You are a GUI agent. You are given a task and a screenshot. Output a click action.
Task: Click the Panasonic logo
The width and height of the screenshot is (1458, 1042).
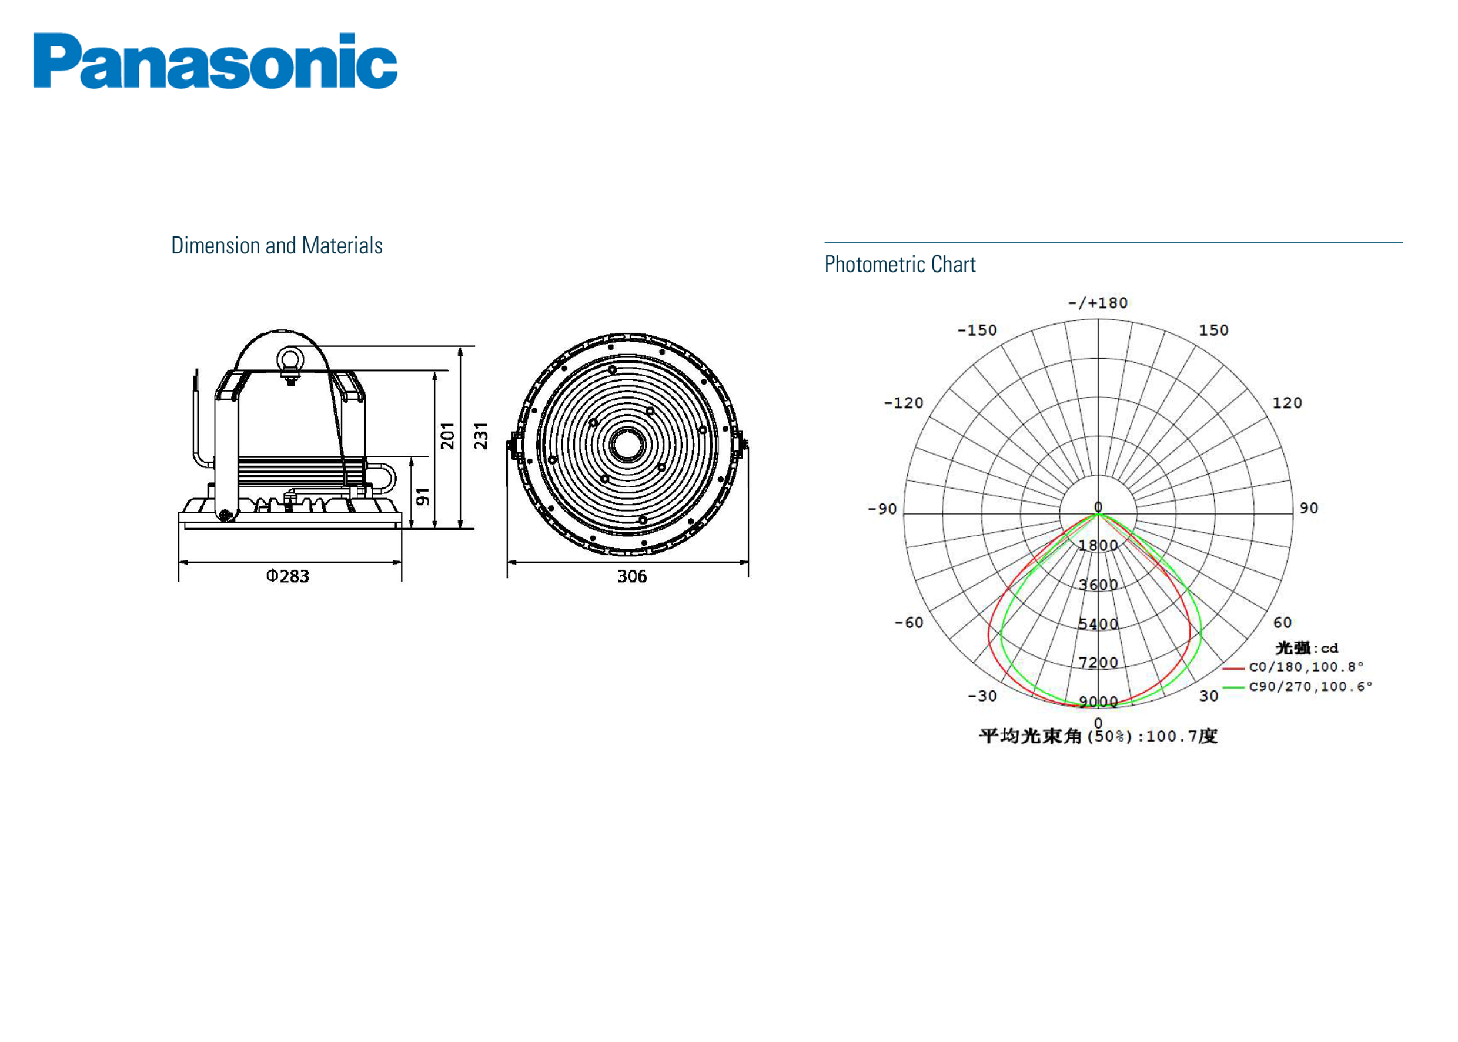[x=215, y=61]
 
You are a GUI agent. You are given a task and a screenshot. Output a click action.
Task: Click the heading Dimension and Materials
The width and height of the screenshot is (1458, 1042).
[x=276, y=246]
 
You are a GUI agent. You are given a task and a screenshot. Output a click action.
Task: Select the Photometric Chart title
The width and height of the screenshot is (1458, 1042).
[x=899, y=265]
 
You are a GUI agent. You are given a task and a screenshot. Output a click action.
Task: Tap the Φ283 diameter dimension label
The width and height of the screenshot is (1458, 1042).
[x=287, y=576]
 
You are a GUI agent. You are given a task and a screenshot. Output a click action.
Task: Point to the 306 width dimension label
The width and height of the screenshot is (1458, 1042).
[x=632, y=576]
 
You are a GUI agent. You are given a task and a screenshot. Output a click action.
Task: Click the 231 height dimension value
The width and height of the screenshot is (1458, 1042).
[x=481, y=436]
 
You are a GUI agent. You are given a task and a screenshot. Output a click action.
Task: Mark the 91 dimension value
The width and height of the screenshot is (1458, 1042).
[x=423, y=496]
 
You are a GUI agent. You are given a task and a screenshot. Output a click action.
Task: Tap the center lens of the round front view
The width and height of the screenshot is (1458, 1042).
[x=627, y=445]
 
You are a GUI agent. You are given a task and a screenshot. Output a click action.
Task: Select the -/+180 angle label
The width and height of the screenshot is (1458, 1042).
[x=1098, y=303]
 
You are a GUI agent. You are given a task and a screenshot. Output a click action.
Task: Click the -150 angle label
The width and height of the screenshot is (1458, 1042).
[x=977, y=330]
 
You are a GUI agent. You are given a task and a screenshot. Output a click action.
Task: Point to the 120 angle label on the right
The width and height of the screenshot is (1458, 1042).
[x=1287, y=403]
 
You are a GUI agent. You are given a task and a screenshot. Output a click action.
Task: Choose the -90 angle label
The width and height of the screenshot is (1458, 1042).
[x=882, y=509]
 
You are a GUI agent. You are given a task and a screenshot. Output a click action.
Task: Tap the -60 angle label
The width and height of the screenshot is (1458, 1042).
[x=908, y=622]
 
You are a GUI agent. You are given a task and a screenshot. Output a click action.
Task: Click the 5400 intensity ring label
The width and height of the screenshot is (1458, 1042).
[x=1098, y=624]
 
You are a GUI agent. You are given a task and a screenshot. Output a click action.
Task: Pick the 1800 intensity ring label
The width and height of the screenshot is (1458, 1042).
[x=1098, y=545]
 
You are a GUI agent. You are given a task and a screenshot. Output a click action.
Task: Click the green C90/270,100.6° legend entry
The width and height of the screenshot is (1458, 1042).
[x=1310, y=687]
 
